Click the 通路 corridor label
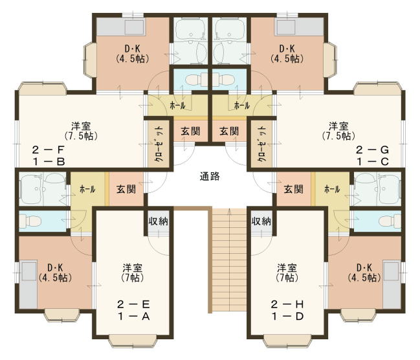(210, 176)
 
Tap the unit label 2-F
(49, 150)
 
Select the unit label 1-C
(372, 162)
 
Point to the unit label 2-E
(133, 304)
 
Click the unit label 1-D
(287, 317)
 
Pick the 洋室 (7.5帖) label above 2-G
(338, 131)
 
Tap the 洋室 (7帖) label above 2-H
(287, 273)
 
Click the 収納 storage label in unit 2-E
(159, 221)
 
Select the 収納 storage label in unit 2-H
(261, 221)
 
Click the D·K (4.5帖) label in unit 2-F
(132, 54)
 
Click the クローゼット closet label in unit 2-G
(262, 144)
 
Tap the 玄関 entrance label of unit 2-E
(126, 189)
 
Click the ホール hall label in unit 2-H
(332, 189)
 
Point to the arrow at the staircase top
(229, 212)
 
